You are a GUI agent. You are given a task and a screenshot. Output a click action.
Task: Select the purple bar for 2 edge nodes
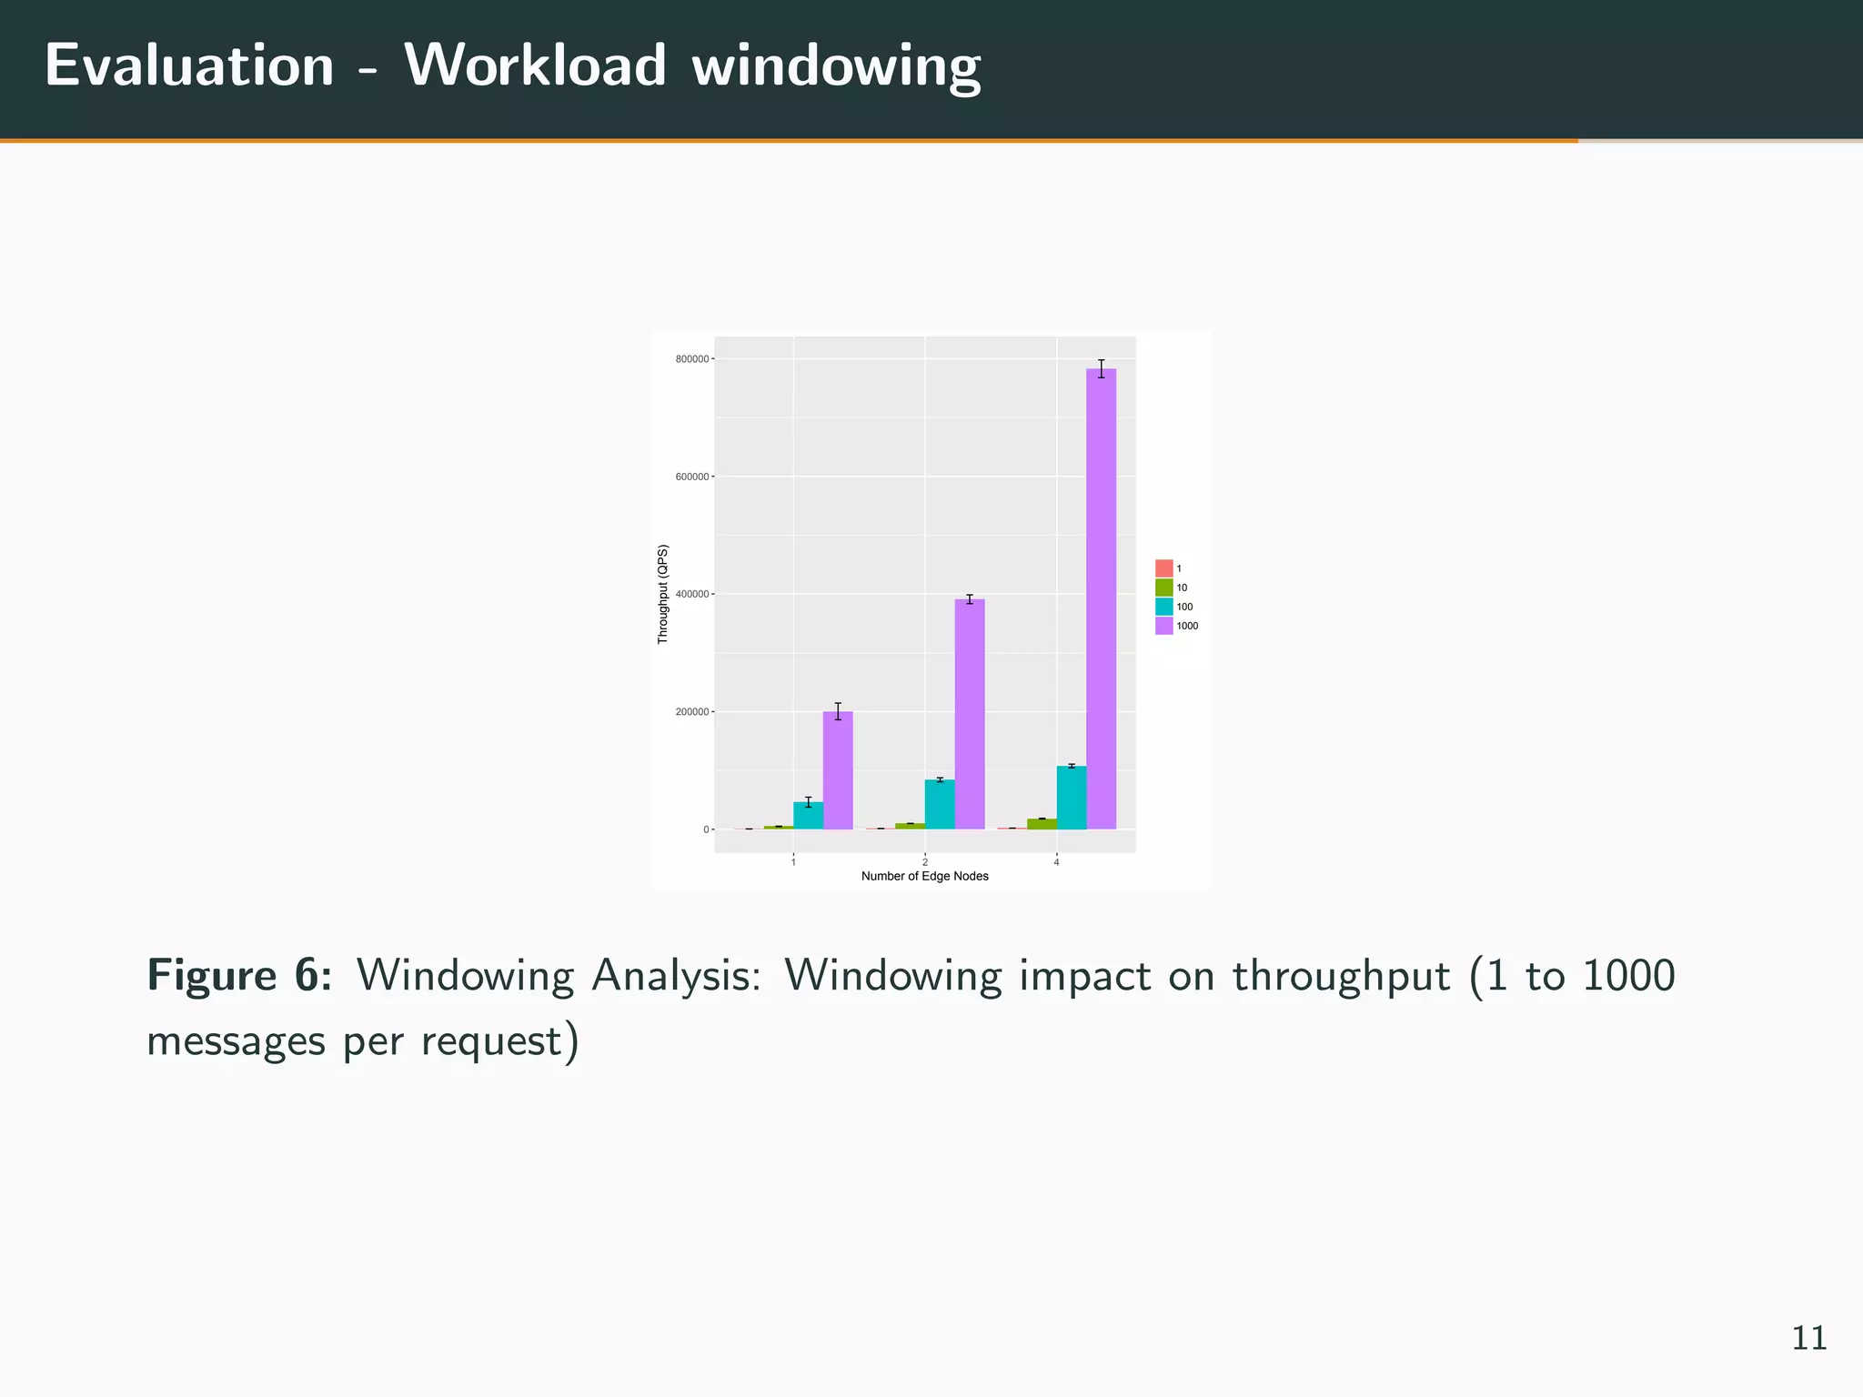970,714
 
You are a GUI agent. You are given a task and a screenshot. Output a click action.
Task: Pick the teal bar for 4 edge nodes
1072,798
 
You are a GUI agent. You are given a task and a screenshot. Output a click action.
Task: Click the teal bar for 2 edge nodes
940,804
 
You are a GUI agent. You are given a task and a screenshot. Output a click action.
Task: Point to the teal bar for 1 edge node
808,815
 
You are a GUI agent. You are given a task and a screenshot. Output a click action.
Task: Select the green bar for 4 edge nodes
1042,824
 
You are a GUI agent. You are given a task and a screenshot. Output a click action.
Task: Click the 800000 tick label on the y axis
691,359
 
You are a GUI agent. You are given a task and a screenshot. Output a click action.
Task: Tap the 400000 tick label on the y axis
691,595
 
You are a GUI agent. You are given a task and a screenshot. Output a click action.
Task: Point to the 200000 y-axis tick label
691,712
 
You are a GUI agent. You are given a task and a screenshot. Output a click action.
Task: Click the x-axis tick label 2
925,861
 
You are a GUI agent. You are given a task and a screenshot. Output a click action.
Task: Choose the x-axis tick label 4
1056,861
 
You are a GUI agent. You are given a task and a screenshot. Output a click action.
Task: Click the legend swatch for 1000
1164,626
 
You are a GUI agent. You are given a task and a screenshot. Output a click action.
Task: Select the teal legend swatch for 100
1164,607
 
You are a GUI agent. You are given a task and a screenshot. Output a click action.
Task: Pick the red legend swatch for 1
1164,568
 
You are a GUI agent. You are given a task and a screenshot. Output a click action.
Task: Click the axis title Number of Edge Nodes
924,877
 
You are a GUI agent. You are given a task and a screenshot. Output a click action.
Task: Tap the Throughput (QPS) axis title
663,594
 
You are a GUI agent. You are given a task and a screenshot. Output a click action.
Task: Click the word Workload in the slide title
536,65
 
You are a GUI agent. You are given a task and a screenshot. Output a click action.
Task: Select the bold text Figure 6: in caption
239,976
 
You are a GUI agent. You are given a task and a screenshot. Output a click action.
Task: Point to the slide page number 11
1808,1338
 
